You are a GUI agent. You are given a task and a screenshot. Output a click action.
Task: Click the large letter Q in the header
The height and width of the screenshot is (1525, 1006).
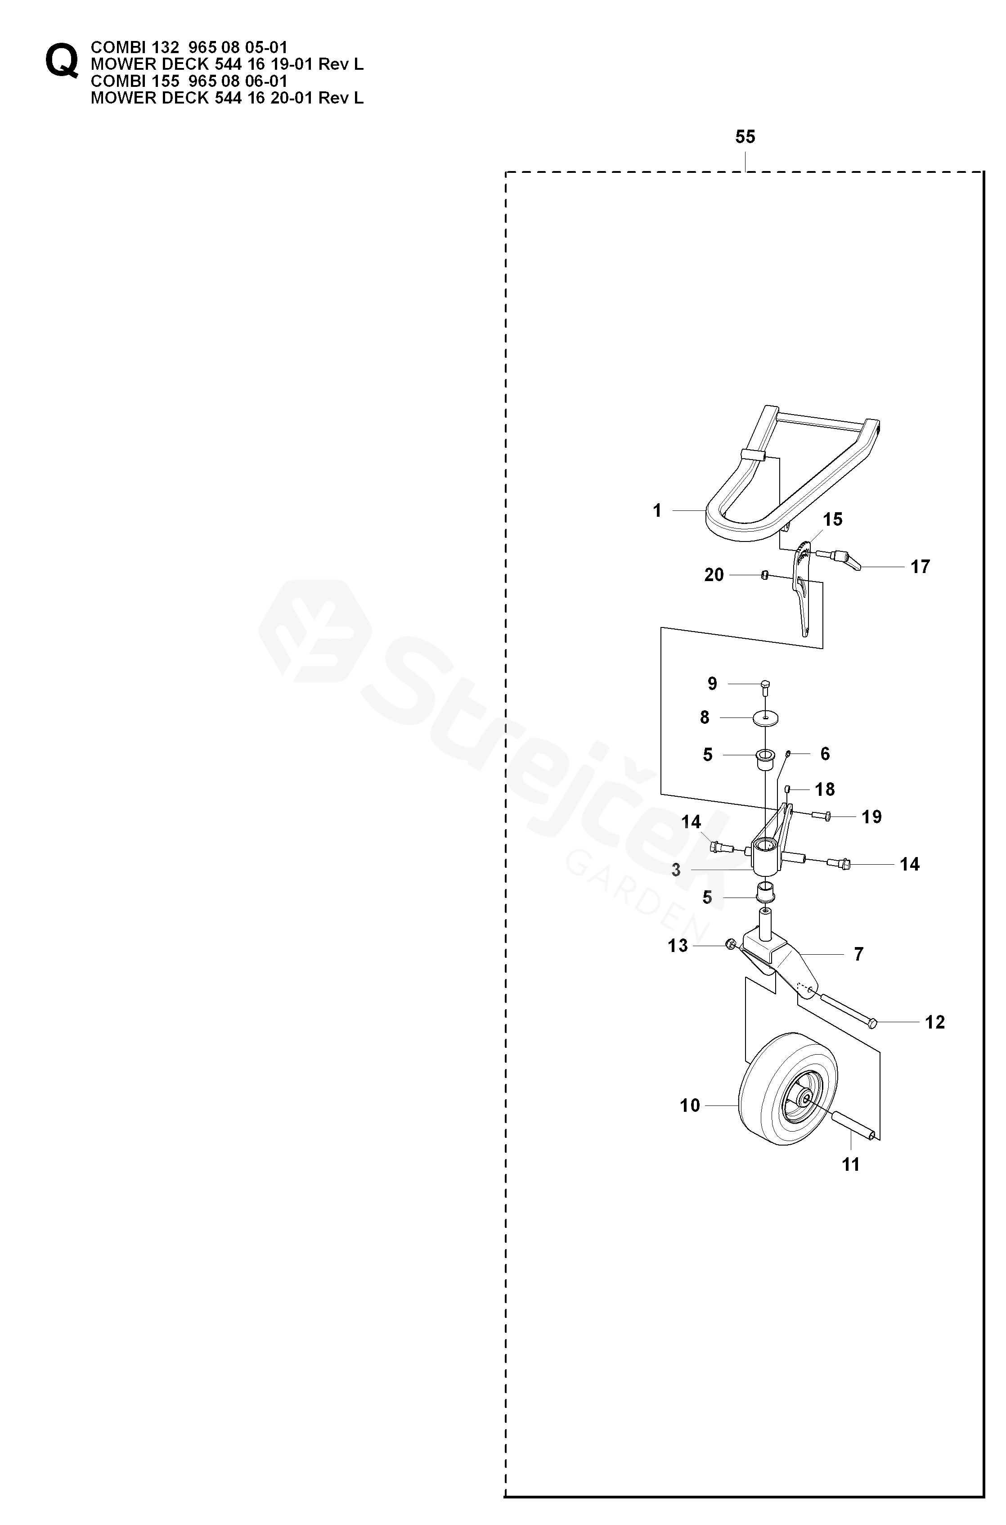coord(62,62)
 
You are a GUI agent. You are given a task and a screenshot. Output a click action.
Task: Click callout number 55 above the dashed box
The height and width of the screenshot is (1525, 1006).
coord(745,137)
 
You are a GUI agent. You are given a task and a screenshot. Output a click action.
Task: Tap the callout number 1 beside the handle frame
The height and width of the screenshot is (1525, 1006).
coord(657,510)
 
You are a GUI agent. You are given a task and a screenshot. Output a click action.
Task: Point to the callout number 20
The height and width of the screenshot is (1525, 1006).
coord(714,575)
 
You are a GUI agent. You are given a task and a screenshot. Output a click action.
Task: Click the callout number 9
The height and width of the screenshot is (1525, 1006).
coord(712,684)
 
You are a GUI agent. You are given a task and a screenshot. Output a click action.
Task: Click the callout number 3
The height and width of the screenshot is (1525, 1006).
coord(676,871)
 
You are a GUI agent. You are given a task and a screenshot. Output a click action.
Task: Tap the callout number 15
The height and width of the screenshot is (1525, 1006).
coord(832,519)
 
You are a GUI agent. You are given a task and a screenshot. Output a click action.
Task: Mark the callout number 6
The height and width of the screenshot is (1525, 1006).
coord(825,753)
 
